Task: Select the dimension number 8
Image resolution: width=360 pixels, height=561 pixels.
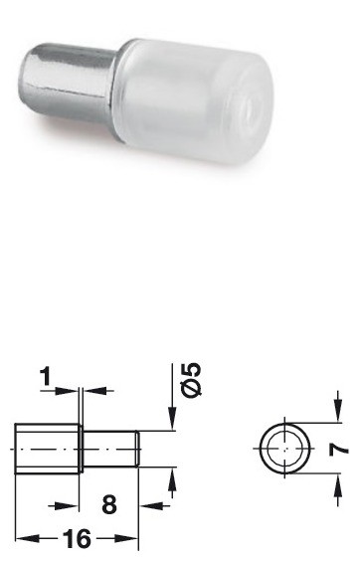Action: point(109,504)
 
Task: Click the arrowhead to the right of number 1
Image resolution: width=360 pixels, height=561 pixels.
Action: point(90,391)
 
